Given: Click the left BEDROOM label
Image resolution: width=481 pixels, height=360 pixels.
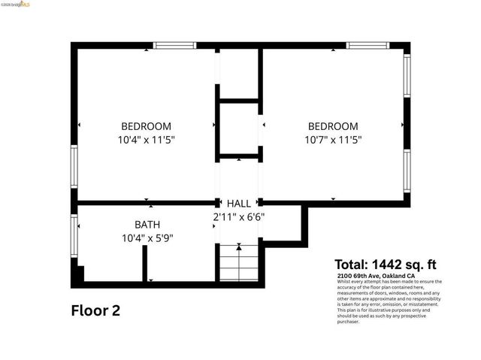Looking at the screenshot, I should (x=146, y=126).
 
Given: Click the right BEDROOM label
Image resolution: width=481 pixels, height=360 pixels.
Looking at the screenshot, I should (x=331, y=126).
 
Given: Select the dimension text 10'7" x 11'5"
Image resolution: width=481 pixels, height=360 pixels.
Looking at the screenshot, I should (x=331, y=139).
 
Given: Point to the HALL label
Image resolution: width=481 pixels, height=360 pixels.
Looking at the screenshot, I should (x=239, y=204).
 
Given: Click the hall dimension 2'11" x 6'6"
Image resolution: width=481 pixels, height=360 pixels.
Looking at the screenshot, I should (x=238, y=217).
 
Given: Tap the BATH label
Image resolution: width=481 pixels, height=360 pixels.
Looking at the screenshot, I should (x=147, y=225).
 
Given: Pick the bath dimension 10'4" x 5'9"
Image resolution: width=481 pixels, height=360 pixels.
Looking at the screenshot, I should (x=147, y=237).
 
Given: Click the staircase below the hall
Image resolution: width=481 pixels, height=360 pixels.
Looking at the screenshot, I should (x=239, y=263).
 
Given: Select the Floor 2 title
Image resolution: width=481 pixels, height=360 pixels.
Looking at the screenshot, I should (x=95, y=310).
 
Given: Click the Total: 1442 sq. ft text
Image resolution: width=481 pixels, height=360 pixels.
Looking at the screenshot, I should (x=385, y=265).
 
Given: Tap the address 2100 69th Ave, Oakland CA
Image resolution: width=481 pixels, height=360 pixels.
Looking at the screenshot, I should (x=377, y=276).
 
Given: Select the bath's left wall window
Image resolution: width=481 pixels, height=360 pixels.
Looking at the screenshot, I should (x=74, y=237).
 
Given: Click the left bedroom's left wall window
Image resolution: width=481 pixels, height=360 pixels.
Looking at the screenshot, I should (x=74, y=166).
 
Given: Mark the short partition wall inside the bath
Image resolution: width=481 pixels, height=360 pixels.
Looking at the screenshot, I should (x=144, y=263).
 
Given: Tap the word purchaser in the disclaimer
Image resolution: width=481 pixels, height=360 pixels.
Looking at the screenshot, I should (x=349, y=322).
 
